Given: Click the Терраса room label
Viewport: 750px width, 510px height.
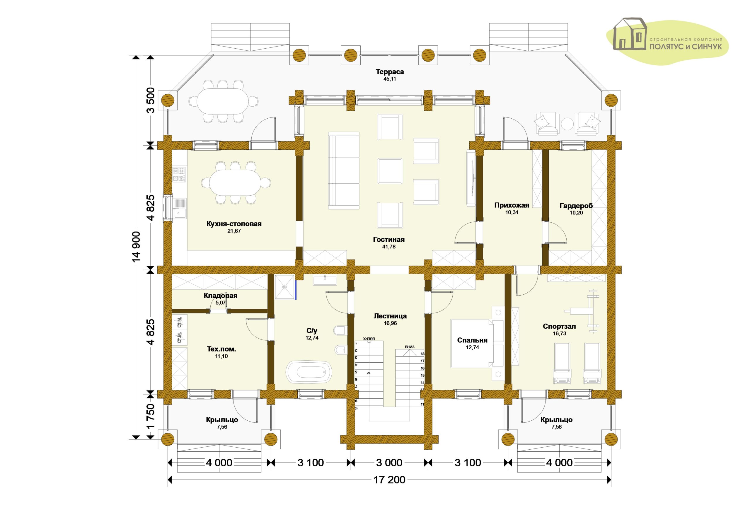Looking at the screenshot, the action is point(390,71).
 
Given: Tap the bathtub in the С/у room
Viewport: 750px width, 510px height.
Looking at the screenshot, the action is point(309,372).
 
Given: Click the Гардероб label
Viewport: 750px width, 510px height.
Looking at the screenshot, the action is point(576,205).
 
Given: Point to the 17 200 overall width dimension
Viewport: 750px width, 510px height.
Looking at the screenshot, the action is point(390,480).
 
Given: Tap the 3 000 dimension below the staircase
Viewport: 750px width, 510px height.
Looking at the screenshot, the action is point(389,463).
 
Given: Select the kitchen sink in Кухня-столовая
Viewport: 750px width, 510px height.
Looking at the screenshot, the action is point(179,208).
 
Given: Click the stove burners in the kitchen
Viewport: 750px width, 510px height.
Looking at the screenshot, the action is point(179,174).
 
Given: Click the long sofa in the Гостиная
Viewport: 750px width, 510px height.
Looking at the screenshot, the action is point(344,170).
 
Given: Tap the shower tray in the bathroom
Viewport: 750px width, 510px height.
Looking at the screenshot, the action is point(285,287).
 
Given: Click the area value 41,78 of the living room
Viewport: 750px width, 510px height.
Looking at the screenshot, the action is point(389,247).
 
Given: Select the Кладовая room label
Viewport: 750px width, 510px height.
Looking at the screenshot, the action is point(220,296).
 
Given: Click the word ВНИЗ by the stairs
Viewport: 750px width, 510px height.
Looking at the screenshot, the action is point(410,347).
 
